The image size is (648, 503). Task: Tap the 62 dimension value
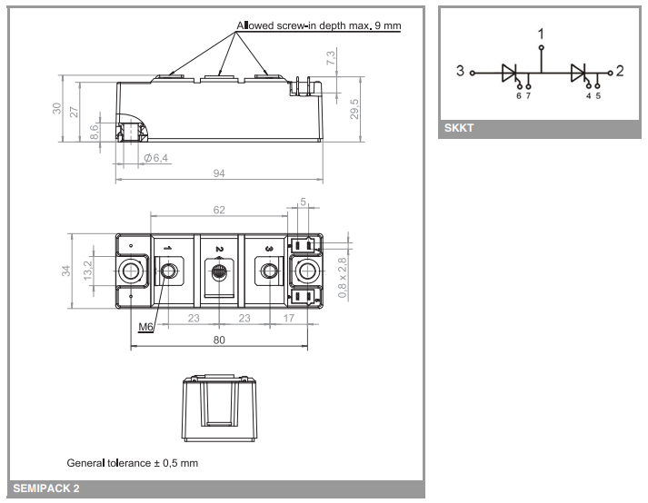point(219,210)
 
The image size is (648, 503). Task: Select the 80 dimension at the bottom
point(219,340)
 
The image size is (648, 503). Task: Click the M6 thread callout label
point(145,327)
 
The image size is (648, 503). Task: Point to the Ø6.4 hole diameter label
point(156,158)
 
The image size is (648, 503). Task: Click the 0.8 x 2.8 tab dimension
point(342,278)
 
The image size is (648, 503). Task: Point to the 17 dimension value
point(288,319)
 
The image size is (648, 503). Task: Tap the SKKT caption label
point(460,128)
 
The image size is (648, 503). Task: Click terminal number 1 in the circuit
point(542,35)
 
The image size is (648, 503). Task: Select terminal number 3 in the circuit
point(461,71)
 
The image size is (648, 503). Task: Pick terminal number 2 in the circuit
point(620,71)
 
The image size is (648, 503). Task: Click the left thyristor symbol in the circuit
point(510,73)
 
